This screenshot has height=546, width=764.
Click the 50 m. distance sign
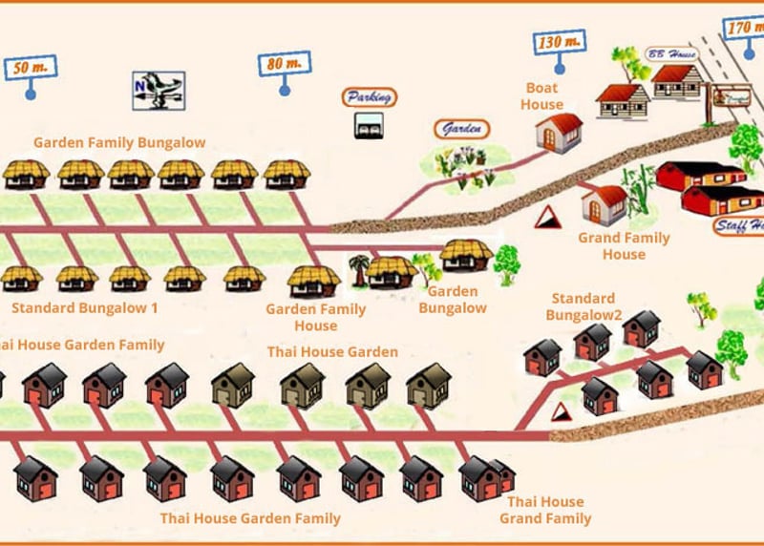[x=30, y=68]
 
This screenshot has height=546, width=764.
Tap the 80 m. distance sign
[x=284, y=65]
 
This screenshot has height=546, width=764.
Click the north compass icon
[x=158, y=91]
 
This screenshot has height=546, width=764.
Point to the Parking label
[x=369, y=97]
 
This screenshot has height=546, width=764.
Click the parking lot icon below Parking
[x=369, y=125]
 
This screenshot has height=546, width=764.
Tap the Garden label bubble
[x=461, y=129]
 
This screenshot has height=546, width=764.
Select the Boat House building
[x=559, y=133]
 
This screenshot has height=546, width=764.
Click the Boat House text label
[x=541, y=96]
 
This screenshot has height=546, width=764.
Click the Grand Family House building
[x=604, y=203]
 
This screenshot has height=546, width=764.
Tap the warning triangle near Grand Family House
[x=548, y=217]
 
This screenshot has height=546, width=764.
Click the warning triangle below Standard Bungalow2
[x=562, y=411]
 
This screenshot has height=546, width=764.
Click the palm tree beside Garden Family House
[x=359, y=270]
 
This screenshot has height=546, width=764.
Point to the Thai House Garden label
[x=332, y=352]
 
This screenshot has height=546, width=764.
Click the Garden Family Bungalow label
[x=119, y=143]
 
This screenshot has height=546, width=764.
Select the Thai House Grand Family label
[x=545, y=511]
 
